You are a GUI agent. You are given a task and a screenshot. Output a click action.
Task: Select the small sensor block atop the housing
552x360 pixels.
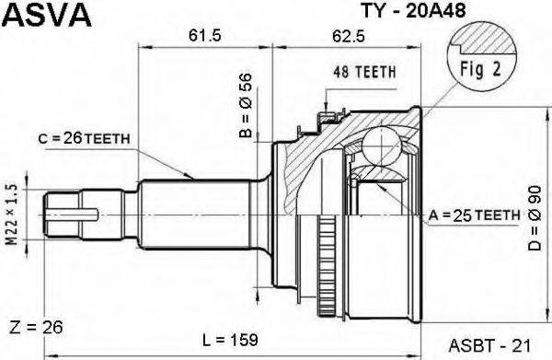coord(324,118)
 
